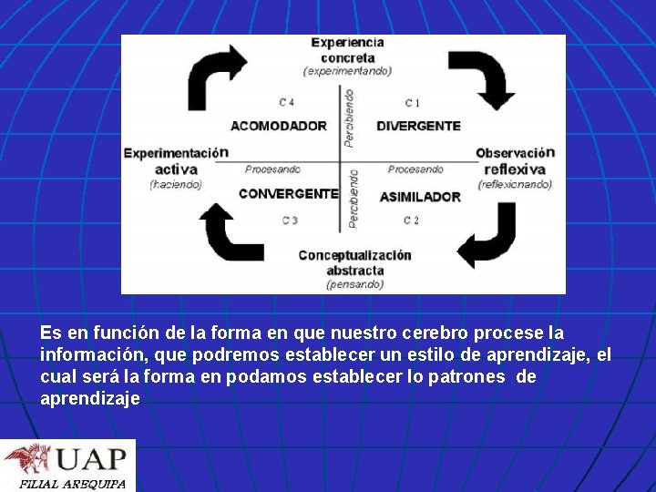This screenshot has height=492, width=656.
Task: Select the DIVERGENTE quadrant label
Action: [x=418, y=126]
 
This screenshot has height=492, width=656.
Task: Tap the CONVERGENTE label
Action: [x=288, y=193]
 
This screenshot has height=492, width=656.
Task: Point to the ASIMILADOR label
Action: [x=420, y=197]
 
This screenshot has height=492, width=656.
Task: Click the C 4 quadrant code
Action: [x=287, y=101]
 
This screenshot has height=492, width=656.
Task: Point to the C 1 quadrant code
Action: [x=413, y=102]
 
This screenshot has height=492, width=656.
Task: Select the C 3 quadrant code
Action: [x=290, y=220]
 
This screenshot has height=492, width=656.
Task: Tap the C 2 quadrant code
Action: [x=411, y=220]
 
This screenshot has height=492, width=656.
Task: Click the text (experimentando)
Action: [x=347, y=71]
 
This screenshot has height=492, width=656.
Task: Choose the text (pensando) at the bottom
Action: [x=355, y=283]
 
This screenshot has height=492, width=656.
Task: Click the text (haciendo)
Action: [x=176, y=184]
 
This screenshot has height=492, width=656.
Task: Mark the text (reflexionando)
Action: [x=515, y=184]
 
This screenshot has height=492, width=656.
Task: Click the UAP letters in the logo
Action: [x=90, y=458]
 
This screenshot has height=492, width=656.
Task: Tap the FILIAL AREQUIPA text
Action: [x=73, y=484]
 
